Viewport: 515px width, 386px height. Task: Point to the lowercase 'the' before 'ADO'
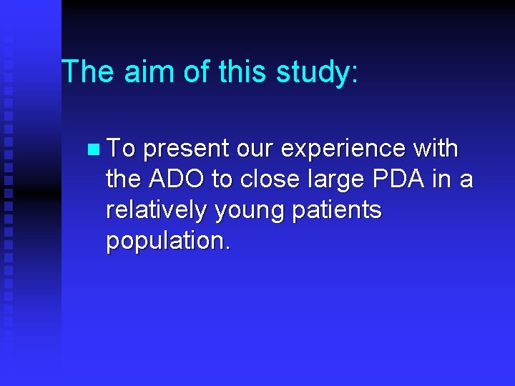click(x=123, y=179)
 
